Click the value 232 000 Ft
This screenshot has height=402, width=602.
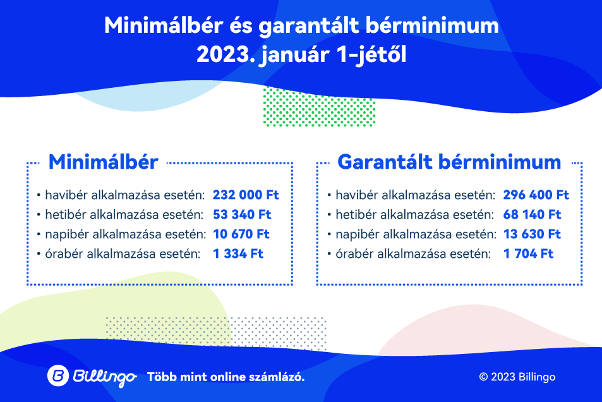pyautogui.click(x=246, y=195)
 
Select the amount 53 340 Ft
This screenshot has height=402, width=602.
pyautogui.click(x=242, y=214)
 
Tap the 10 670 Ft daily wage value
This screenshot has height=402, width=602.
pyautogui.click(x=241, y=234)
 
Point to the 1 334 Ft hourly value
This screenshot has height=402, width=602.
pyautogui.click(x=238, y=253)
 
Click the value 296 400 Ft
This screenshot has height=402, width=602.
pyautogui.click(x=536, y=195)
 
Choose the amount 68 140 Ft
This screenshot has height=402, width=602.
pyautogui.click(x=532, y=214)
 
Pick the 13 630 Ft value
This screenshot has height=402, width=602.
pyautogui.click(x=532, y=234)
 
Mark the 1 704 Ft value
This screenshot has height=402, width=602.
pyautogui.click(x=528, y=253)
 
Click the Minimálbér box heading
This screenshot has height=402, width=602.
pyautogui.click(x=103, y=162)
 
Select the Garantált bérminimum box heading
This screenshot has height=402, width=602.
pyautogui.click(x=449, y=162)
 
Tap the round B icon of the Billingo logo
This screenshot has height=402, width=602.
pyautogui.click(x=58, y=375)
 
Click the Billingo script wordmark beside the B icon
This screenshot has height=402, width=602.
pyautogui.click(x=104, y=377)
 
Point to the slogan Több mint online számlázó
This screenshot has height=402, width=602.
pyautogui.click(x=226, y=377)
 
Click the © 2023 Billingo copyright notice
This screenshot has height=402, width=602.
pyautogui.click(x=517, y=377)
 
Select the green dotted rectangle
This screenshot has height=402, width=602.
pyautogui.click(x=319, y=107)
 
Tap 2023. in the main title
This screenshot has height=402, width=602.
pyautogui.click(x=226, y=54)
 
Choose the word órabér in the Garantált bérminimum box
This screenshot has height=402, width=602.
pyautogui.click(x=354, y=253)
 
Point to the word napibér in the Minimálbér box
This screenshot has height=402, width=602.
pyautogui.click(x=67, y=234)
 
